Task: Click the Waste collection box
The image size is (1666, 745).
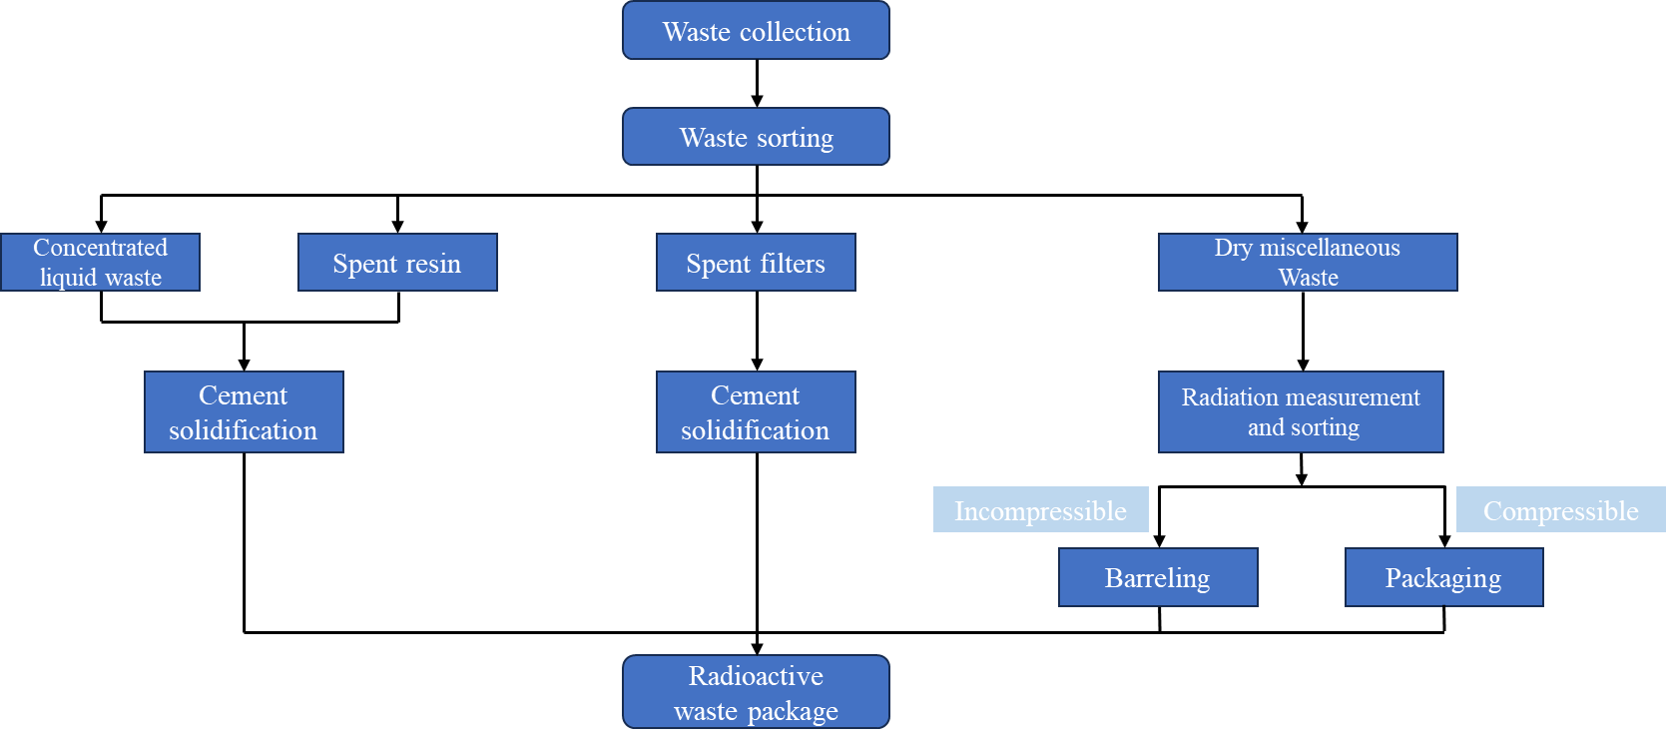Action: click(756, 31)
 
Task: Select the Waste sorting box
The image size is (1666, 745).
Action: click(756, 137)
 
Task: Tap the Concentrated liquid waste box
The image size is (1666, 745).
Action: click(100, 263)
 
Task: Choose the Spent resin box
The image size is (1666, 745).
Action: click(397, 263)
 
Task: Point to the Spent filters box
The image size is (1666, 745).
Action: click(756, 263)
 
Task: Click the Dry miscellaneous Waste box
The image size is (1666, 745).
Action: click(1308, 263)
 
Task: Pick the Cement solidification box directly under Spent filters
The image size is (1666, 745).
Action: click(756, 412)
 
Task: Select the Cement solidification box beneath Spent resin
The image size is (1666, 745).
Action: click(244, 412)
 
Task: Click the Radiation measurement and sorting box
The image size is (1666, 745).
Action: click(1301, 412)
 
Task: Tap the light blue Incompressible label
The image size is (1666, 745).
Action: click(1040, 510)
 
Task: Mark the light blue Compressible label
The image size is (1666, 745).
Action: click(1560, 510)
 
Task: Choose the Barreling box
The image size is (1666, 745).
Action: click(1158, 577)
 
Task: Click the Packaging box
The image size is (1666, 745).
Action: click(1443, 577)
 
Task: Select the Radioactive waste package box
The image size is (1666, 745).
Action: click(756, 692)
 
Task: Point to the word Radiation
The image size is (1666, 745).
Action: click(1229, 397)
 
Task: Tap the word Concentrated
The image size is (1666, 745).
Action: click(100, 248)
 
